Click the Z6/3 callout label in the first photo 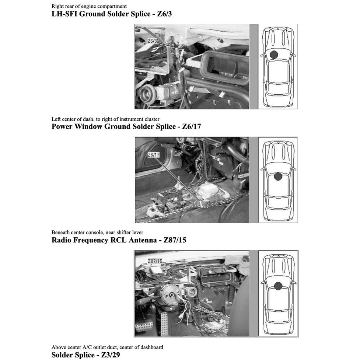tap(152, 41)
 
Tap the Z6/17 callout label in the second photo tap(154, 155)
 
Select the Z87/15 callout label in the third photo tap(155, 261)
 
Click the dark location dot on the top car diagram tap(274, 55)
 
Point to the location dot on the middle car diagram tap(278, 176)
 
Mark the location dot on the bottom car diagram tap(278, 286)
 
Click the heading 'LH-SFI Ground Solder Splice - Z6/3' tap(112, 14)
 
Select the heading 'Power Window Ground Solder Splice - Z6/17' tap(126, 126)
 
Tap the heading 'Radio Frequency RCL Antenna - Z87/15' tap(119, 240)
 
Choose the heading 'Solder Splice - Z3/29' tap(85, 355)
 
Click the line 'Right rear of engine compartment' tap(89, 6)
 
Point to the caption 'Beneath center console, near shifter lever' tap(97, 233)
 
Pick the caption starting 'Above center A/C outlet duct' tap(107, 347)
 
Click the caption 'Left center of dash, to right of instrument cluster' tap(105, 119)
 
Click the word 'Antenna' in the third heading tap(143, 240)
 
